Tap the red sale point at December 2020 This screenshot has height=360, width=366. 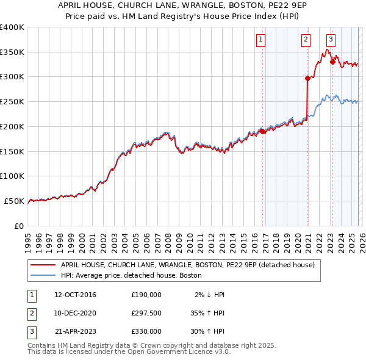(307, 78)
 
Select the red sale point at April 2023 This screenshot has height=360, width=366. (332, 61)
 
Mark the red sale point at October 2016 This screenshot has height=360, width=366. (262, 131)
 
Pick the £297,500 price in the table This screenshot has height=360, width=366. (146, 313)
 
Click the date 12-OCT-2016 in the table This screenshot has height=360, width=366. (75, 295)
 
